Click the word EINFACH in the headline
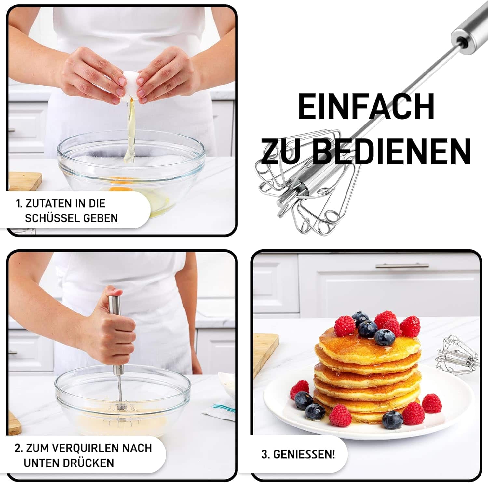(x=366, y=107)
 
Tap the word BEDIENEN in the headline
(x=392, y=151)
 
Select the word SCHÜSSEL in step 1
(x=53, y=218)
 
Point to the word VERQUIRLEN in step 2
(x=85, y=448)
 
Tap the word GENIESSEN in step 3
(x=304, y=454)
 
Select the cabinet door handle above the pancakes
(x=402, y=266)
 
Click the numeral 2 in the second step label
(x=18, y=448)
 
